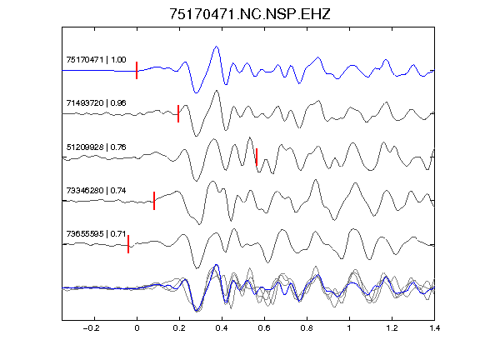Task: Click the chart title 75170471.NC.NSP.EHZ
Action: pos(250,14)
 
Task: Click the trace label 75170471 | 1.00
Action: pos(96,59)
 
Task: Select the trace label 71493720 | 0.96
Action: pos(96,102)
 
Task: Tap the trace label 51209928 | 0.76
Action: pos(96,147)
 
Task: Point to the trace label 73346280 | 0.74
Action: pos(96,191)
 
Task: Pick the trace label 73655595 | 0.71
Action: pos(96,234)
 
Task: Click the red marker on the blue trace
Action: pos(137,70)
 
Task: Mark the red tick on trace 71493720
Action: pos(178,113)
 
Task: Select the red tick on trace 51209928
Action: pos(257,157)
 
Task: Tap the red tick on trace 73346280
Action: pos(154,201)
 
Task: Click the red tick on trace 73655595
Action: pos(128,244)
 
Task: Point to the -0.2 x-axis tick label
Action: pos(92,328)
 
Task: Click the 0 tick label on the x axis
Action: pos(137,328)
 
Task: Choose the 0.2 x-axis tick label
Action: pos(179,328)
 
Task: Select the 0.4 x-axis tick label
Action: pos(222,328)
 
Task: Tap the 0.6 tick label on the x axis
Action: pos(264,328)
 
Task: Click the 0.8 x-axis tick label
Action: pos(307,328)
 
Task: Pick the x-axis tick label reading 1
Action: pos(349,328)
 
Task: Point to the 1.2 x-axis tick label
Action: pos(392,328)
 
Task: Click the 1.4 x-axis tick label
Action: pos(434,328)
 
